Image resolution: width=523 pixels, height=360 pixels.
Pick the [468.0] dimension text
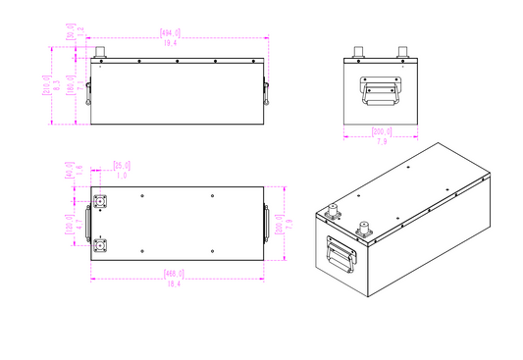point(177,273)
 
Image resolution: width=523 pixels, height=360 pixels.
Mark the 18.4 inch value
point(177,283)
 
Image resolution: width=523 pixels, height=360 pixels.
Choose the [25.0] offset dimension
point(123,165)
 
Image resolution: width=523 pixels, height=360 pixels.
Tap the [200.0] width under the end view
point(381,131)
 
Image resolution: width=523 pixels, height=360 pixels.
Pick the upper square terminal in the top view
point(101,203)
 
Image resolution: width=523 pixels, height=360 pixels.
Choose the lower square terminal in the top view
point(101,243)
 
